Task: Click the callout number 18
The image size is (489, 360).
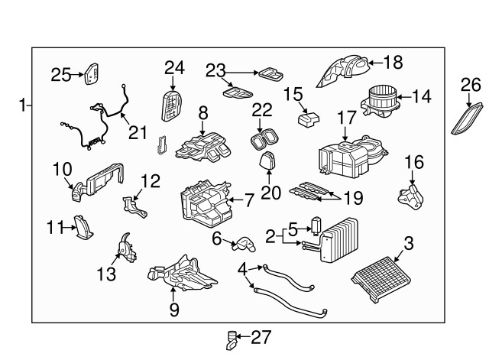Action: click(x=393, y=61)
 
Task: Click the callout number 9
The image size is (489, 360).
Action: click(x=173, y=310)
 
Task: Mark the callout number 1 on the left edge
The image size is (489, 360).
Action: click(x=23, y=105)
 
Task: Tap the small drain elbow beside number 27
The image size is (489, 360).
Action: click(x=233, y=336)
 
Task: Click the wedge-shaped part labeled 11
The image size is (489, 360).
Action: click(x=82, y=228)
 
